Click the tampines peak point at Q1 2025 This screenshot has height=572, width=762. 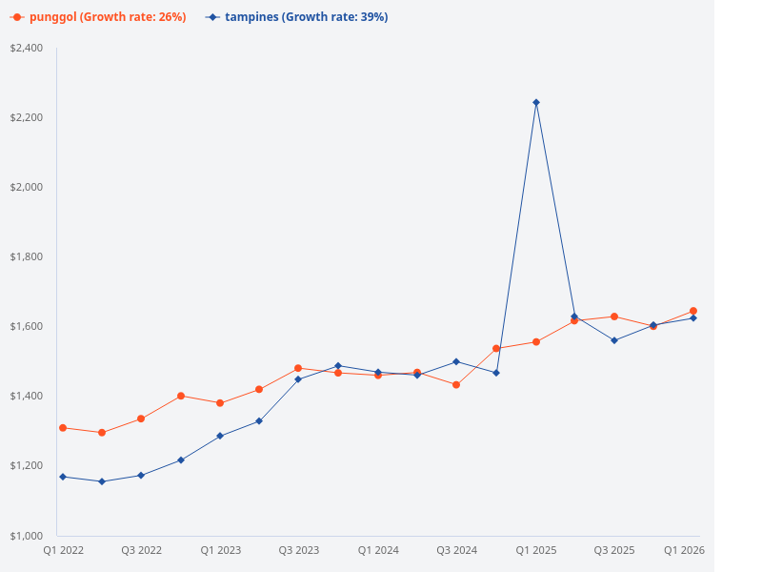click(x=536, y=102)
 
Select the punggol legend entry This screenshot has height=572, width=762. click(x=99, y=17)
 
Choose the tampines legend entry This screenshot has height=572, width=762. click(x=297, y=17)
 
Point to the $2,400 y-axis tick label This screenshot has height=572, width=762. click(x=26, y=48)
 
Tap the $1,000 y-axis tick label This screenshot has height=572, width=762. click(x=26, y=535)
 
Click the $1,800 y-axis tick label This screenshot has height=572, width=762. click(x=26, y=256)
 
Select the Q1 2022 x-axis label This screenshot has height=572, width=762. click(x=63, y=550)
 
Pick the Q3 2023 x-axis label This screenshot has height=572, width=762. click(x=299, y=550)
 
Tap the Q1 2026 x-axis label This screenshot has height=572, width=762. click(x=684, y=550)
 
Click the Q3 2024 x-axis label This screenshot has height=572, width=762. click(x=456, y=550)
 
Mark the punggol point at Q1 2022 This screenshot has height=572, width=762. click(x=63, y=428)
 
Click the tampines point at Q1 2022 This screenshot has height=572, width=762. click(x=63, y=477)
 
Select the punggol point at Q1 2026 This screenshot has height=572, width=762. click(x=693, y=311)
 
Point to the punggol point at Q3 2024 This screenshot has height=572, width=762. click(x=456, y=385)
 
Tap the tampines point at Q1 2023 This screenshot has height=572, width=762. click(x=220, y=436)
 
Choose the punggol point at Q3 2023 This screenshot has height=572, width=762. click(x=298, y=368)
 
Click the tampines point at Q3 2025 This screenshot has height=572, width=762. click(x=614, y=340)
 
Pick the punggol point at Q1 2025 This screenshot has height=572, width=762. click(x=536, y=341)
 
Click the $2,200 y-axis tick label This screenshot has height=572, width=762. click(x=26, y=117)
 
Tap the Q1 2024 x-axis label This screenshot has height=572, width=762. click(x=378, y=550)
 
